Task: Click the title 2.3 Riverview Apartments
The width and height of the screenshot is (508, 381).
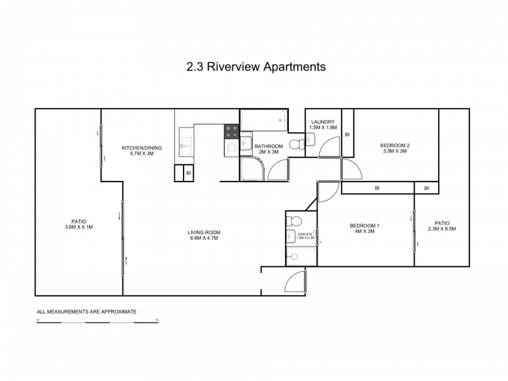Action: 254,66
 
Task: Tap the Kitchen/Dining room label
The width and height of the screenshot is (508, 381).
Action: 142,151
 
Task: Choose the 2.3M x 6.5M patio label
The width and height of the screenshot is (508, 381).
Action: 442,226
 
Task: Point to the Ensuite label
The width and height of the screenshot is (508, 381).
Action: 306,236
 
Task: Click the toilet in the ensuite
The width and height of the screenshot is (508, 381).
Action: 293,221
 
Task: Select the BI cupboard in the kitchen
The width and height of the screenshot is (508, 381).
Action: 188,173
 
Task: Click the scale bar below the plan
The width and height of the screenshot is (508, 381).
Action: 97,322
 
